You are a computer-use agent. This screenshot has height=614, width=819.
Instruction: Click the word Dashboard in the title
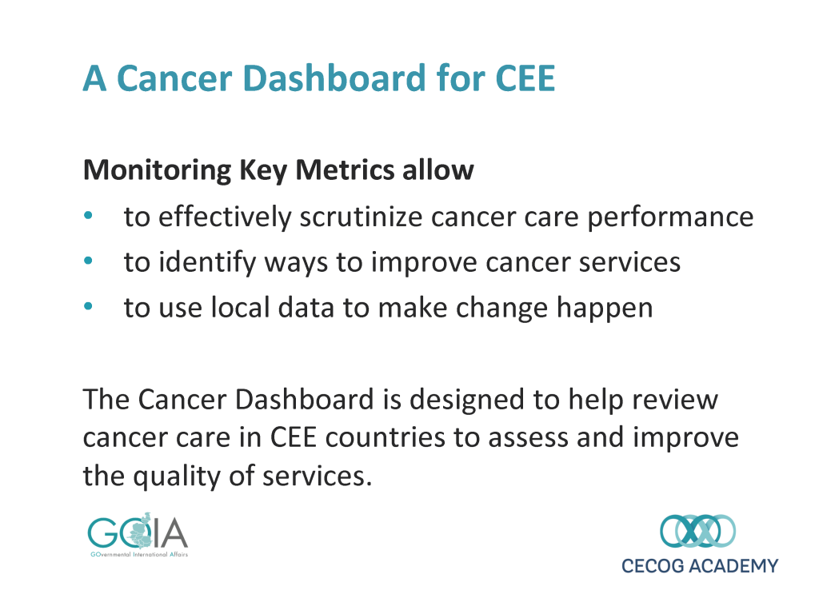point(335,78)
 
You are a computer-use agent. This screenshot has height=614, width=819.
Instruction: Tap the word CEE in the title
point(525,79)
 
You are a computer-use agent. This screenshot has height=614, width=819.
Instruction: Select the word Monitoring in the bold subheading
point(157,171)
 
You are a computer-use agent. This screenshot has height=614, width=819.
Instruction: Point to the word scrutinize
point(361,217)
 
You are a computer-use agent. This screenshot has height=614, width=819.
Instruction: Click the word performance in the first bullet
point(670,218)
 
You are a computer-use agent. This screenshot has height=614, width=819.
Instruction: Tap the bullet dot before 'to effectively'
point(88,215)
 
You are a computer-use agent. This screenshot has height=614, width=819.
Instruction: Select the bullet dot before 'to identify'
point(88,260)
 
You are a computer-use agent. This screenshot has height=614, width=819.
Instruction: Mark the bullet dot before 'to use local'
point(88,306)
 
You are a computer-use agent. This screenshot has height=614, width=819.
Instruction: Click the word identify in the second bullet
point(207,262)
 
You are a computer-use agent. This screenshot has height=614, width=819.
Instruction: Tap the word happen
point(605,309)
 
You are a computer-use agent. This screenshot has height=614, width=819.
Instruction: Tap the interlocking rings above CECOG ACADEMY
point(697,531)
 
